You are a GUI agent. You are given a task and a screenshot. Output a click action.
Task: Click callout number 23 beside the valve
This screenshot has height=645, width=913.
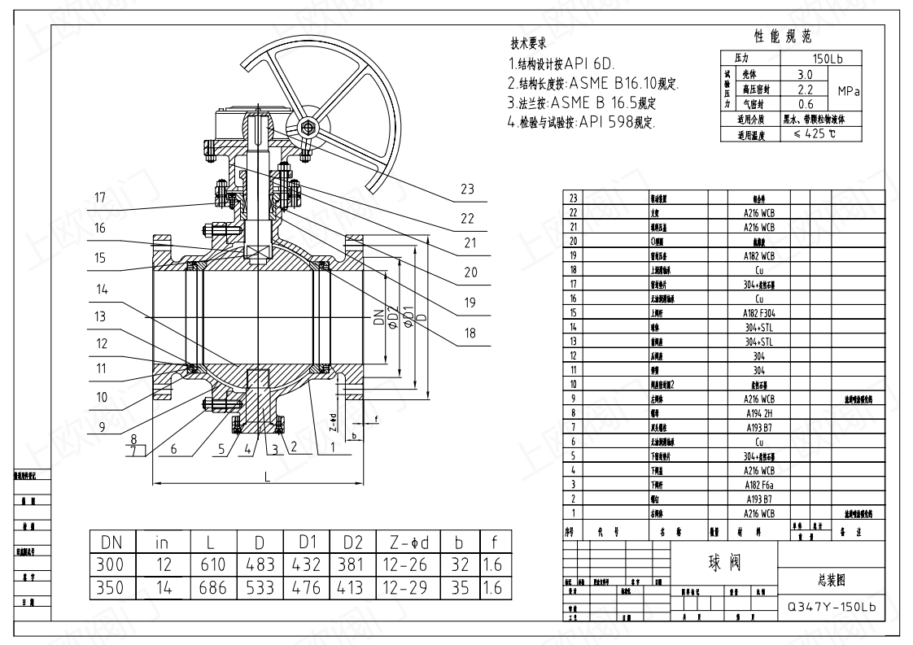pyautogui.click(x=467, y=189)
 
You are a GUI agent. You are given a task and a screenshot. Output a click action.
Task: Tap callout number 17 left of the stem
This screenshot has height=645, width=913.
pyautogui.click(x=100, y=197)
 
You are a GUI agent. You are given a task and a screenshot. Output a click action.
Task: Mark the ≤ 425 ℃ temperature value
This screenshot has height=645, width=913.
pyautogui.click(x=815, y=133)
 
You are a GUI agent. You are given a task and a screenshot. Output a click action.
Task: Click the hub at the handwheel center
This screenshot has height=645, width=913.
pyautogui.click(x=307, y=129)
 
